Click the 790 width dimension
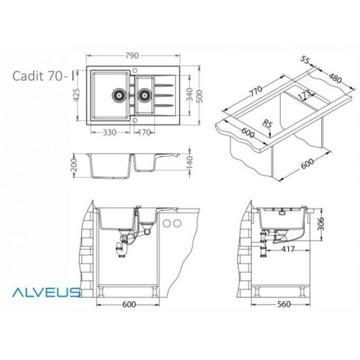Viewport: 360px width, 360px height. click(x=132, y=55)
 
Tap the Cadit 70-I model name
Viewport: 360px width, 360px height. click(x=44, y=76)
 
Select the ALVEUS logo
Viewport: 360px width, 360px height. click(x=46, y=292)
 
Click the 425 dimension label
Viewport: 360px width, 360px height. click(x=76, y=95)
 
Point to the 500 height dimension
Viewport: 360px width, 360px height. click(x=199, y=96)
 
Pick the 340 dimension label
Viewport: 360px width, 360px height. click(x=189, y=95)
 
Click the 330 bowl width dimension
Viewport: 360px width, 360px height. click(x=109, y=132)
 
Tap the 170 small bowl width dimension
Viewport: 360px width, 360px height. click(x=144, y=132)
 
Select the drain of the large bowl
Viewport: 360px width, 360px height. click(x=119, y=95)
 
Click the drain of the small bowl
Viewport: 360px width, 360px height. click(x=145, y=95)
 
